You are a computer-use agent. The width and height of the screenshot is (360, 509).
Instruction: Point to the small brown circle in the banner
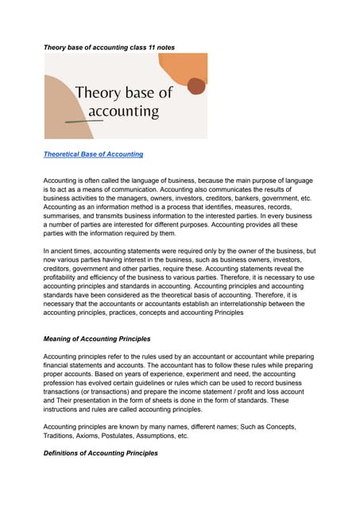195,86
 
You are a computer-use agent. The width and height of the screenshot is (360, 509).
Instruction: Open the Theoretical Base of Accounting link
93,153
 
